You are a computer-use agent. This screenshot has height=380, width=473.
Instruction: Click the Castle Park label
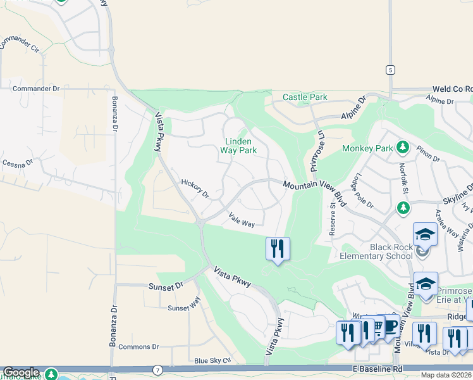click(x=305, y=97)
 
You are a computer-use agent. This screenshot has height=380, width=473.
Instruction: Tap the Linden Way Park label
click(x=238, y=146)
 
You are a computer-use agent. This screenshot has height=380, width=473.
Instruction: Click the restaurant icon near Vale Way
click(x=277, y=248)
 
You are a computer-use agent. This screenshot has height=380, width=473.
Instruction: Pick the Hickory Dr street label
click(x=195, y=188)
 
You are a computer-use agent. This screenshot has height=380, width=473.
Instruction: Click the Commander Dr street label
click(x=35, y=89)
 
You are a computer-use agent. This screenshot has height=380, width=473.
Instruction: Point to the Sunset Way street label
click(x=184, y=308)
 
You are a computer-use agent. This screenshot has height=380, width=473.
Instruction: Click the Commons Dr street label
click(x=138, y=346)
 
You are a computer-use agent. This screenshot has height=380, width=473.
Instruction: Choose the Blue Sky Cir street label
click(x=213, y=360)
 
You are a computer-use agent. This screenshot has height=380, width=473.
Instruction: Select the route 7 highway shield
click(x=157, y=369)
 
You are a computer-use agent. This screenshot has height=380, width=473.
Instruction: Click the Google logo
click(x=21, y=372)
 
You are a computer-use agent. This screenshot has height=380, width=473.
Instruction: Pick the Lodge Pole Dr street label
click(x=365, y=191)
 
